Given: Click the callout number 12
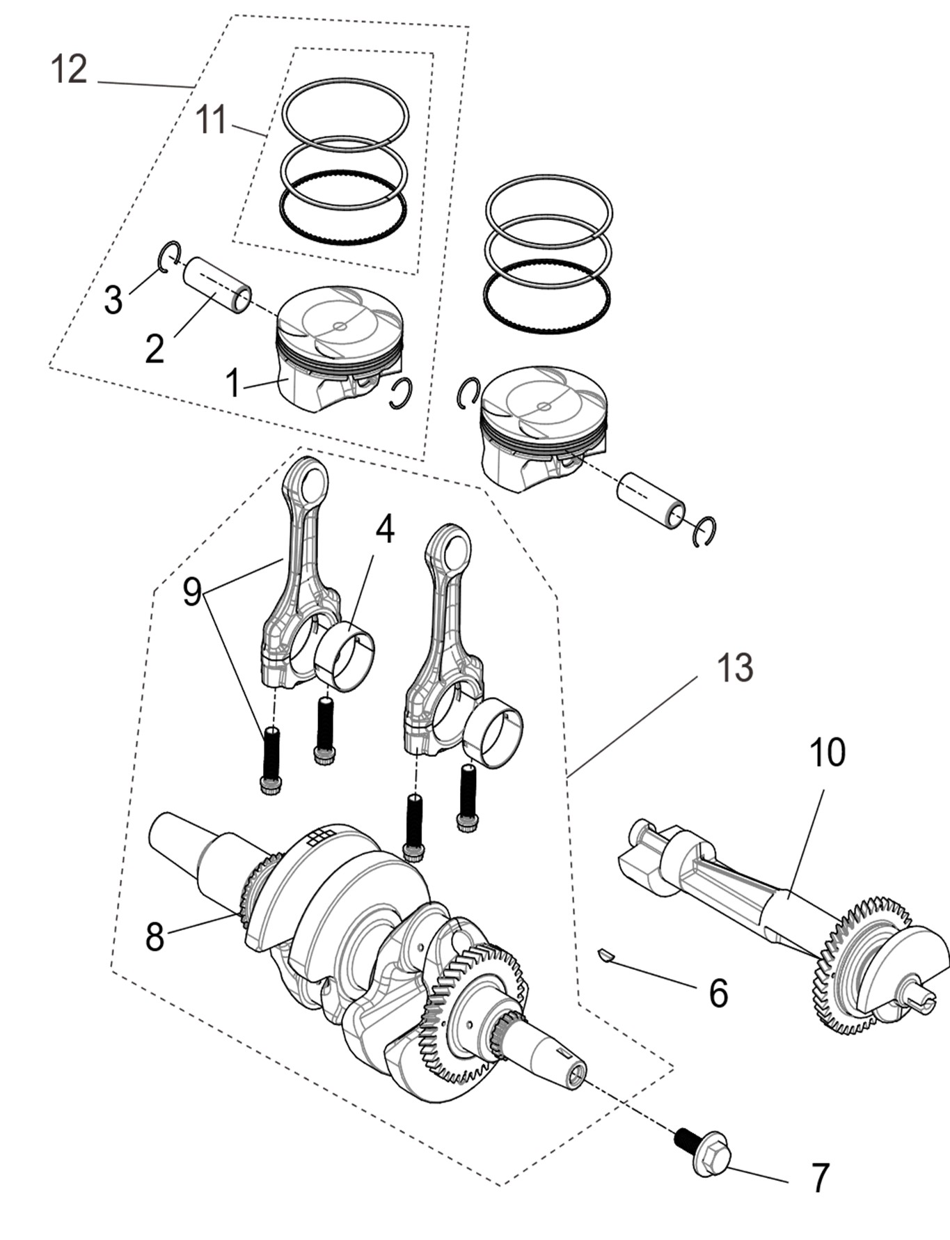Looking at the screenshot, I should point(69,70).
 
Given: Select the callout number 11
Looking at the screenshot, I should point(211,120).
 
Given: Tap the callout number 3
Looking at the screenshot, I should point(113,300).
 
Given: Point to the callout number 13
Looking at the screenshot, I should point(735,668).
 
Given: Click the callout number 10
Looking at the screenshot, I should point(828,753).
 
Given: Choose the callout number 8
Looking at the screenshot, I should point(155,936).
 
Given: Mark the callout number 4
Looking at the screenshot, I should point(385,530).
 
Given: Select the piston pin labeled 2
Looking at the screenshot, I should point(217,286).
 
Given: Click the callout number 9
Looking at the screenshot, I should point(192,592).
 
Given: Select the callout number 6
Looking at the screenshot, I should point(718,993).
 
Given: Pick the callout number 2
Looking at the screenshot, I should point(155,349).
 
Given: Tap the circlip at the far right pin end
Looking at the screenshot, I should point(706,532).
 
